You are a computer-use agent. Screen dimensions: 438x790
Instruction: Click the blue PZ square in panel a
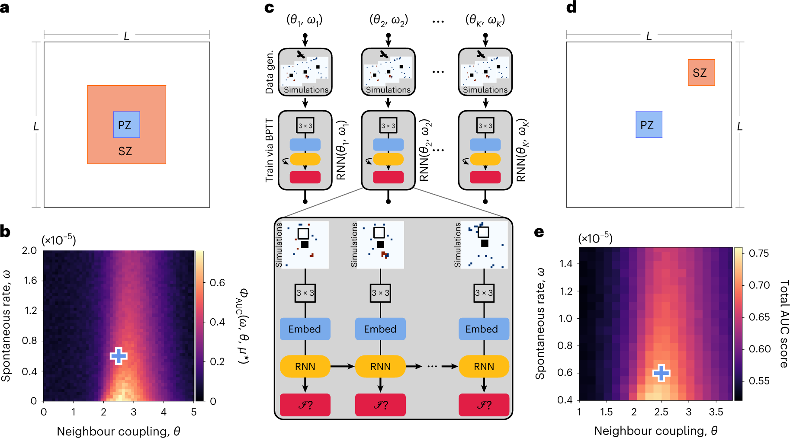[126, 125]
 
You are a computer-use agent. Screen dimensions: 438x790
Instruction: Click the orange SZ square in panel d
[701, 72]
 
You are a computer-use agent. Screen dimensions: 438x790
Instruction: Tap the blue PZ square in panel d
[649, 125]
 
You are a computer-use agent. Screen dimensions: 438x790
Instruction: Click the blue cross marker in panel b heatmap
[118, 356]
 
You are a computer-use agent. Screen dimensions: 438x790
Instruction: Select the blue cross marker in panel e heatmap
[661, 372]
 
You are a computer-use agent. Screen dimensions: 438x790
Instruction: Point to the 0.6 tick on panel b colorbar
[217, 283]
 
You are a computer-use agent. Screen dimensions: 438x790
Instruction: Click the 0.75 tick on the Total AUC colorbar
[758, 253]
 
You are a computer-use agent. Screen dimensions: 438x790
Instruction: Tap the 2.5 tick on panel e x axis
[661, 412]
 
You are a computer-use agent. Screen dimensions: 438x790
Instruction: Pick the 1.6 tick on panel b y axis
[30, 280]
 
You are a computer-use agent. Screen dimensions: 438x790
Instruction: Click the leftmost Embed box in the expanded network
[305, 329]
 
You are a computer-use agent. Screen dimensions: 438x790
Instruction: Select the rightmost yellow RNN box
[484, 366]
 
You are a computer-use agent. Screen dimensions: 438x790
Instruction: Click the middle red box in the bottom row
[380, 405]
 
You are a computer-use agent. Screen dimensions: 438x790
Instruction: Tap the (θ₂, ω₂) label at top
[388, 20]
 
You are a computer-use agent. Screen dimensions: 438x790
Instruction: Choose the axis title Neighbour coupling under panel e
[655, 430]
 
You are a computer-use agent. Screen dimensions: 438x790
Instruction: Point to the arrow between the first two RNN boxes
[343, 366]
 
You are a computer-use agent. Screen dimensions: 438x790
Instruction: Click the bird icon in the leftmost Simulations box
[301, 54]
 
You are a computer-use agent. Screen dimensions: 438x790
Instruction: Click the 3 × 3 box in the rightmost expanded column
[484, 293]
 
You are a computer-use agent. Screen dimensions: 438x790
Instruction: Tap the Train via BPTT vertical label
[270, 150]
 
